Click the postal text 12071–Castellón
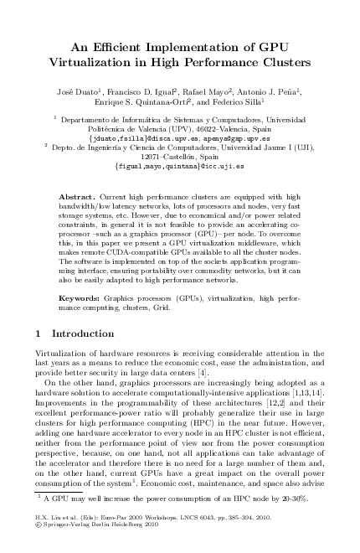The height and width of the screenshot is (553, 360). pyautogui.click(x=180, y=156)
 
